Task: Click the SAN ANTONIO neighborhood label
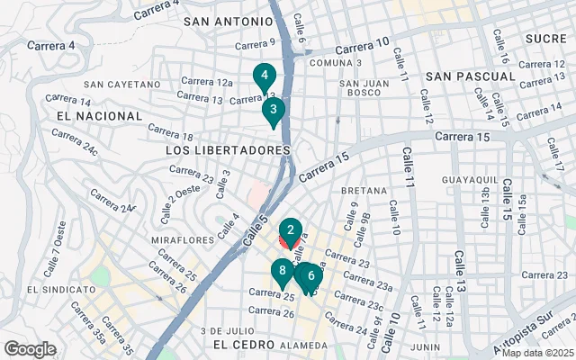228,21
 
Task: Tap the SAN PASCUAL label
470,76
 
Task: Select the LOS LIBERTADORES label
229,149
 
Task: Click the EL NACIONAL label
99,116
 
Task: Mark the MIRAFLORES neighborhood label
183,240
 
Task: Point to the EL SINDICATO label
61,290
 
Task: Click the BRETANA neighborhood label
364,191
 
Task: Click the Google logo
30,349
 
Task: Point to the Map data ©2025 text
537,353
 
